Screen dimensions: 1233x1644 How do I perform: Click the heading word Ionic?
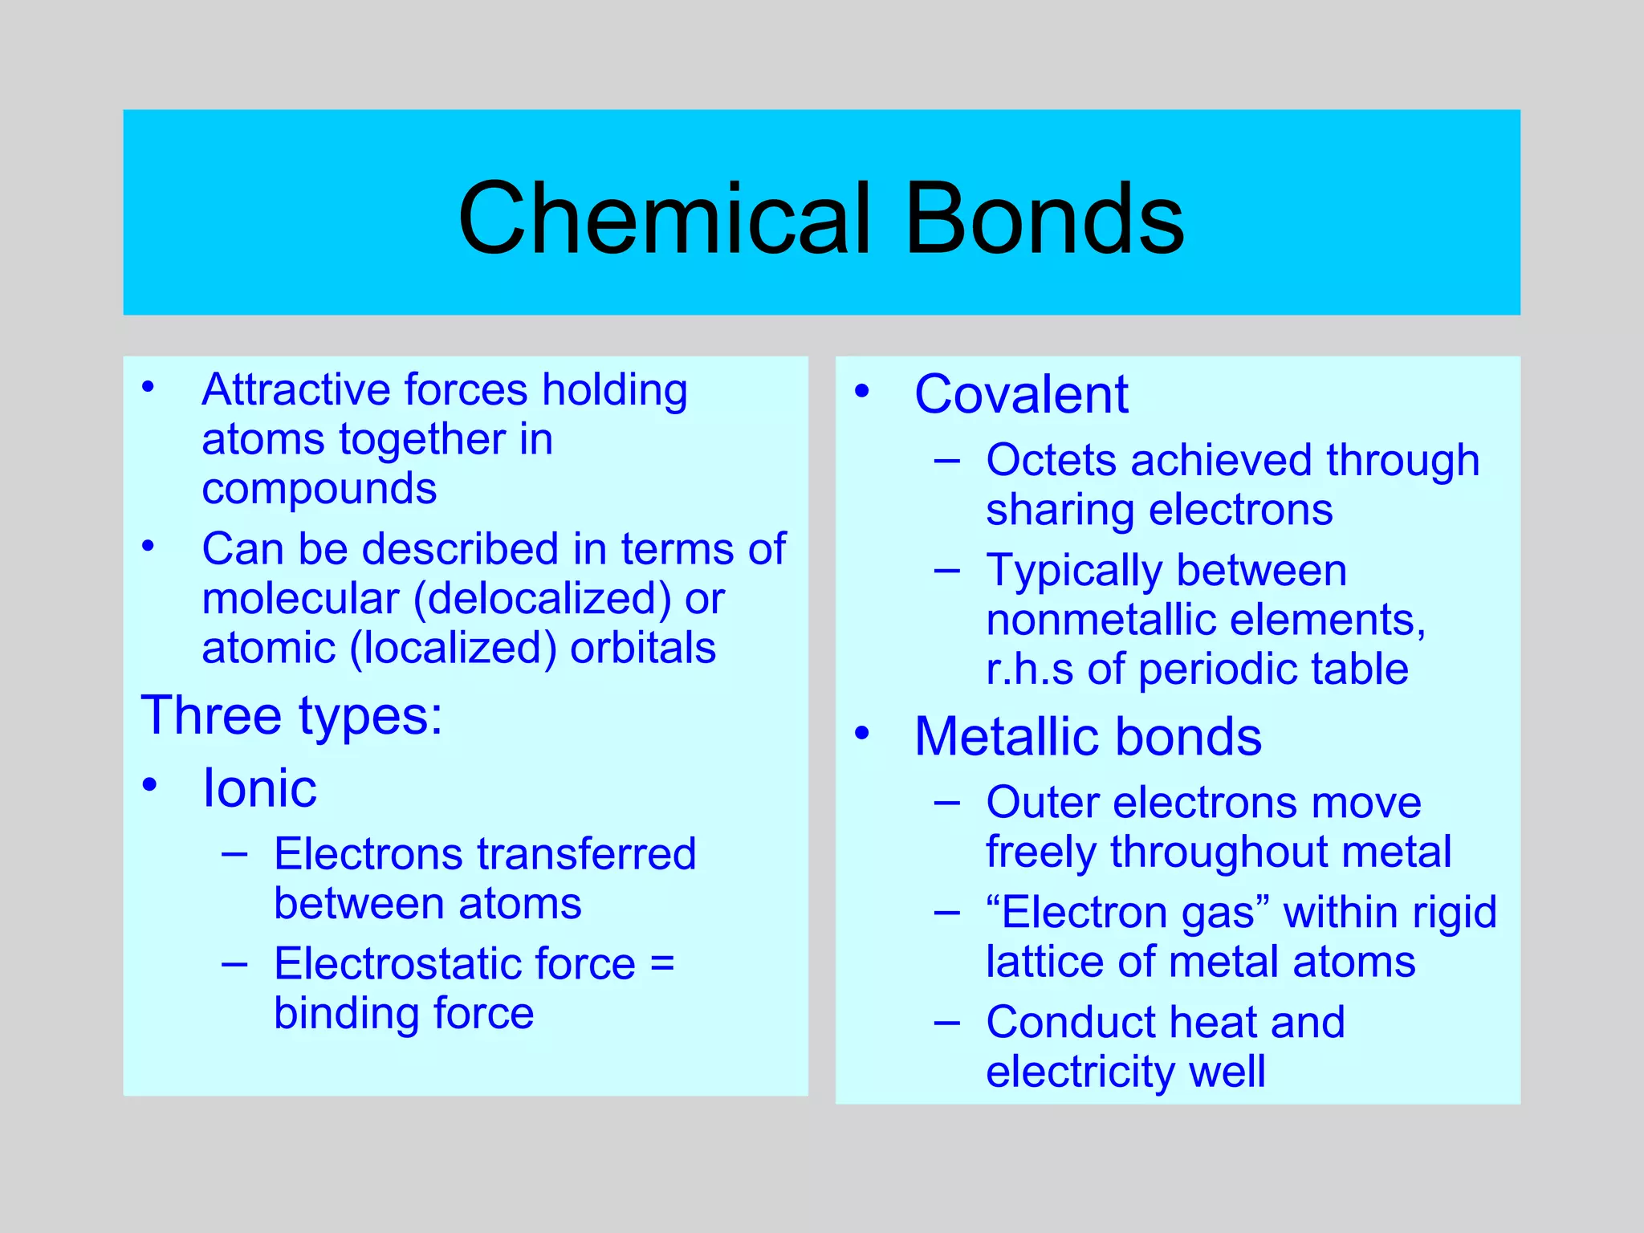tap(259, 787)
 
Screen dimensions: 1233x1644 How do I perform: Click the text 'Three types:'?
tap(291, 715)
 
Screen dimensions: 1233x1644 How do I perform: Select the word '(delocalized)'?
tap(542, 599)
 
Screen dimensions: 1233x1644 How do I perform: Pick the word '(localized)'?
tap(453, 648)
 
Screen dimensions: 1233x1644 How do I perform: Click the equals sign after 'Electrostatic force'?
tap(662, 962)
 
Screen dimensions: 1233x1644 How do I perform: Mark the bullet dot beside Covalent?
tap(862, 392)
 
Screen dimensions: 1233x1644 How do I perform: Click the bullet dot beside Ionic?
tap(149, 784)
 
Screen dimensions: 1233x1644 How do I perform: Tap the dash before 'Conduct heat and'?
tap(947, 1022)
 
